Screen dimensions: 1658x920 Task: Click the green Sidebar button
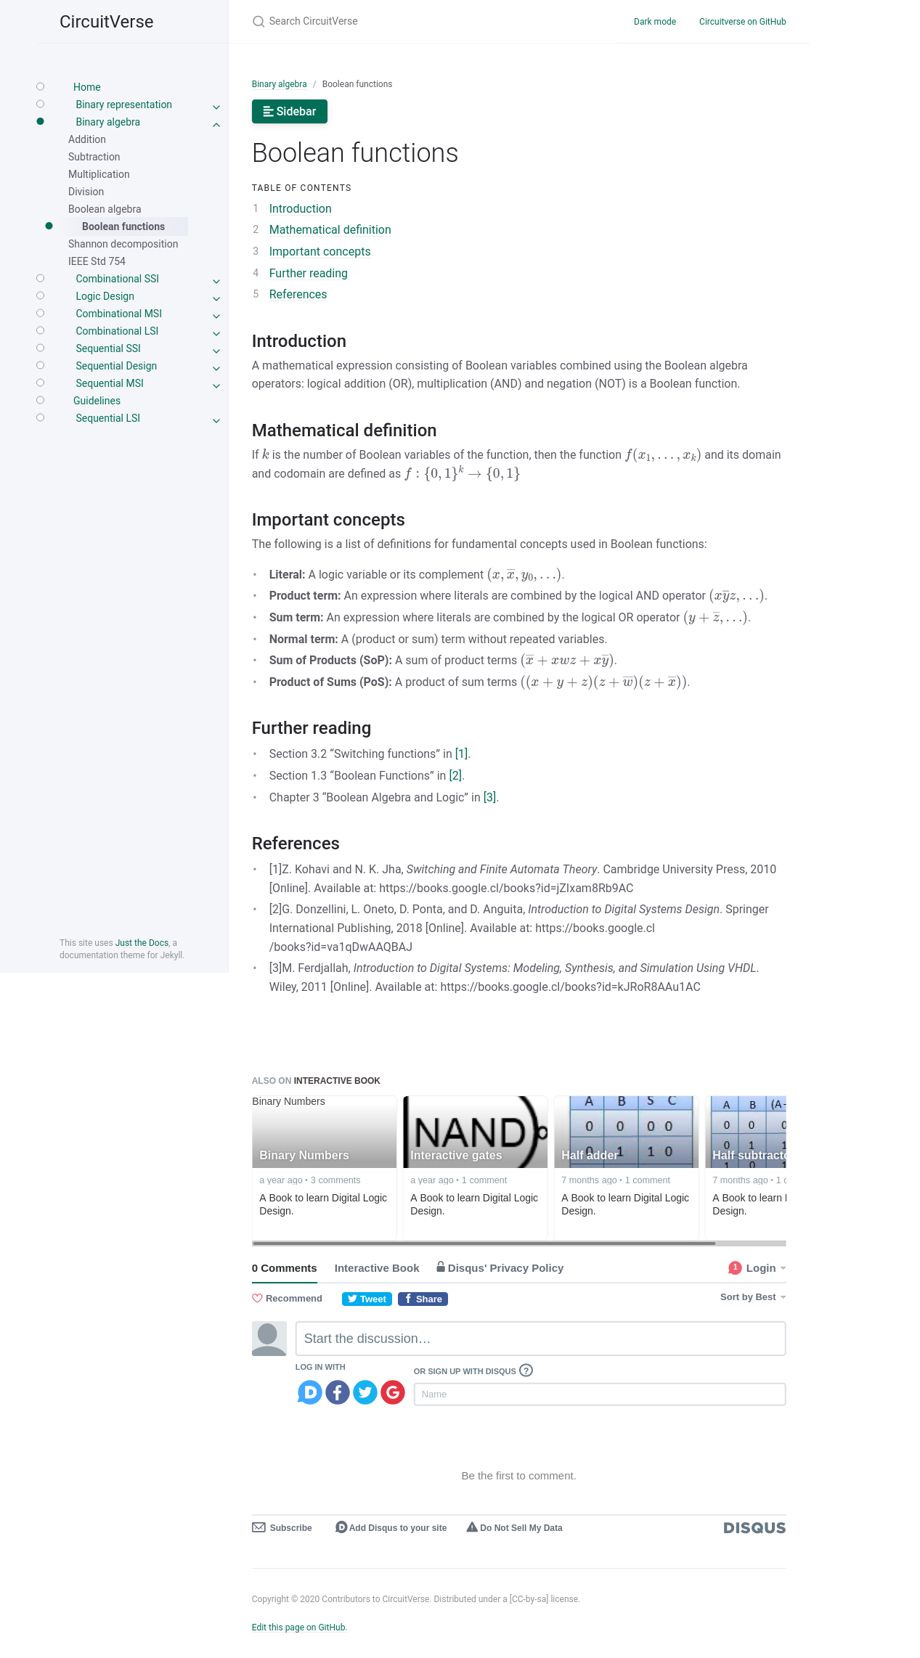(x=289, y=112)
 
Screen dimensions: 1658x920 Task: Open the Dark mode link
(x=654, y=22)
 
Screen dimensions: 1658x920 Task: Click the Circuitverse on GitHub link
(x=742, y=22)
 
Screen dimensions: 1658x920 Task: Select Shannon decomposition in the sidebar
(x=123, y=244)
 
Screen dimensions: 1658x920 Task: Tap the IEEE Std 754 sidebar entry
(x=97, y=261)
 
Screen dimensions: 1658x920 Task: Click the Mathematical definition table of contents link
(x=330, y=230)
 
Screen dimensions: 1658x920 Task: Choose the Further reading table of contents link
(x=308, y=274)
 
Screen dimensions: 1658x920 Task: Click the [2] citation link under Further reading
(x=455, y=776)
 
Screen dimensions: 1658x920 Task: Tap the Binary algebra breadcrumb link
(x=279, y=84)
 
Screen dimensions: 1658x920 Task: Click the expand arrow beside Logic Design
(x=216, y=298)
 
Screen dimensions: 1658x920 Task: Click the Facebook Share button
(x=423, y=1299)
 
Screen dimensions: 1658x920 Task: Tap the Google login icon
(x=393, y=1392)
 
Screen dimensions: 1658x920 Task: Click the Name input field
(x=599, y=1394)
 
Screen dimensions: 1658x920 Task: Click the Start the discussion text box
(x=540, y=1339)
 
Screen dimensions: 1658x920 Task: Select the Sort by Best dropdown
(x=752, y=1297)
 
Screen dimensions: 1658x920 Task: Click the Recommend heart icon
(x=257, y=1299)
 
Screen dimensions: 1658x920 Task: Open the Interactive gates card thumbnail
(x=475, y=1132)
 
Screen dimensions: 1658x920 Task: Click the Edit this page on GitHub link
(x=299, y=1628)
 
